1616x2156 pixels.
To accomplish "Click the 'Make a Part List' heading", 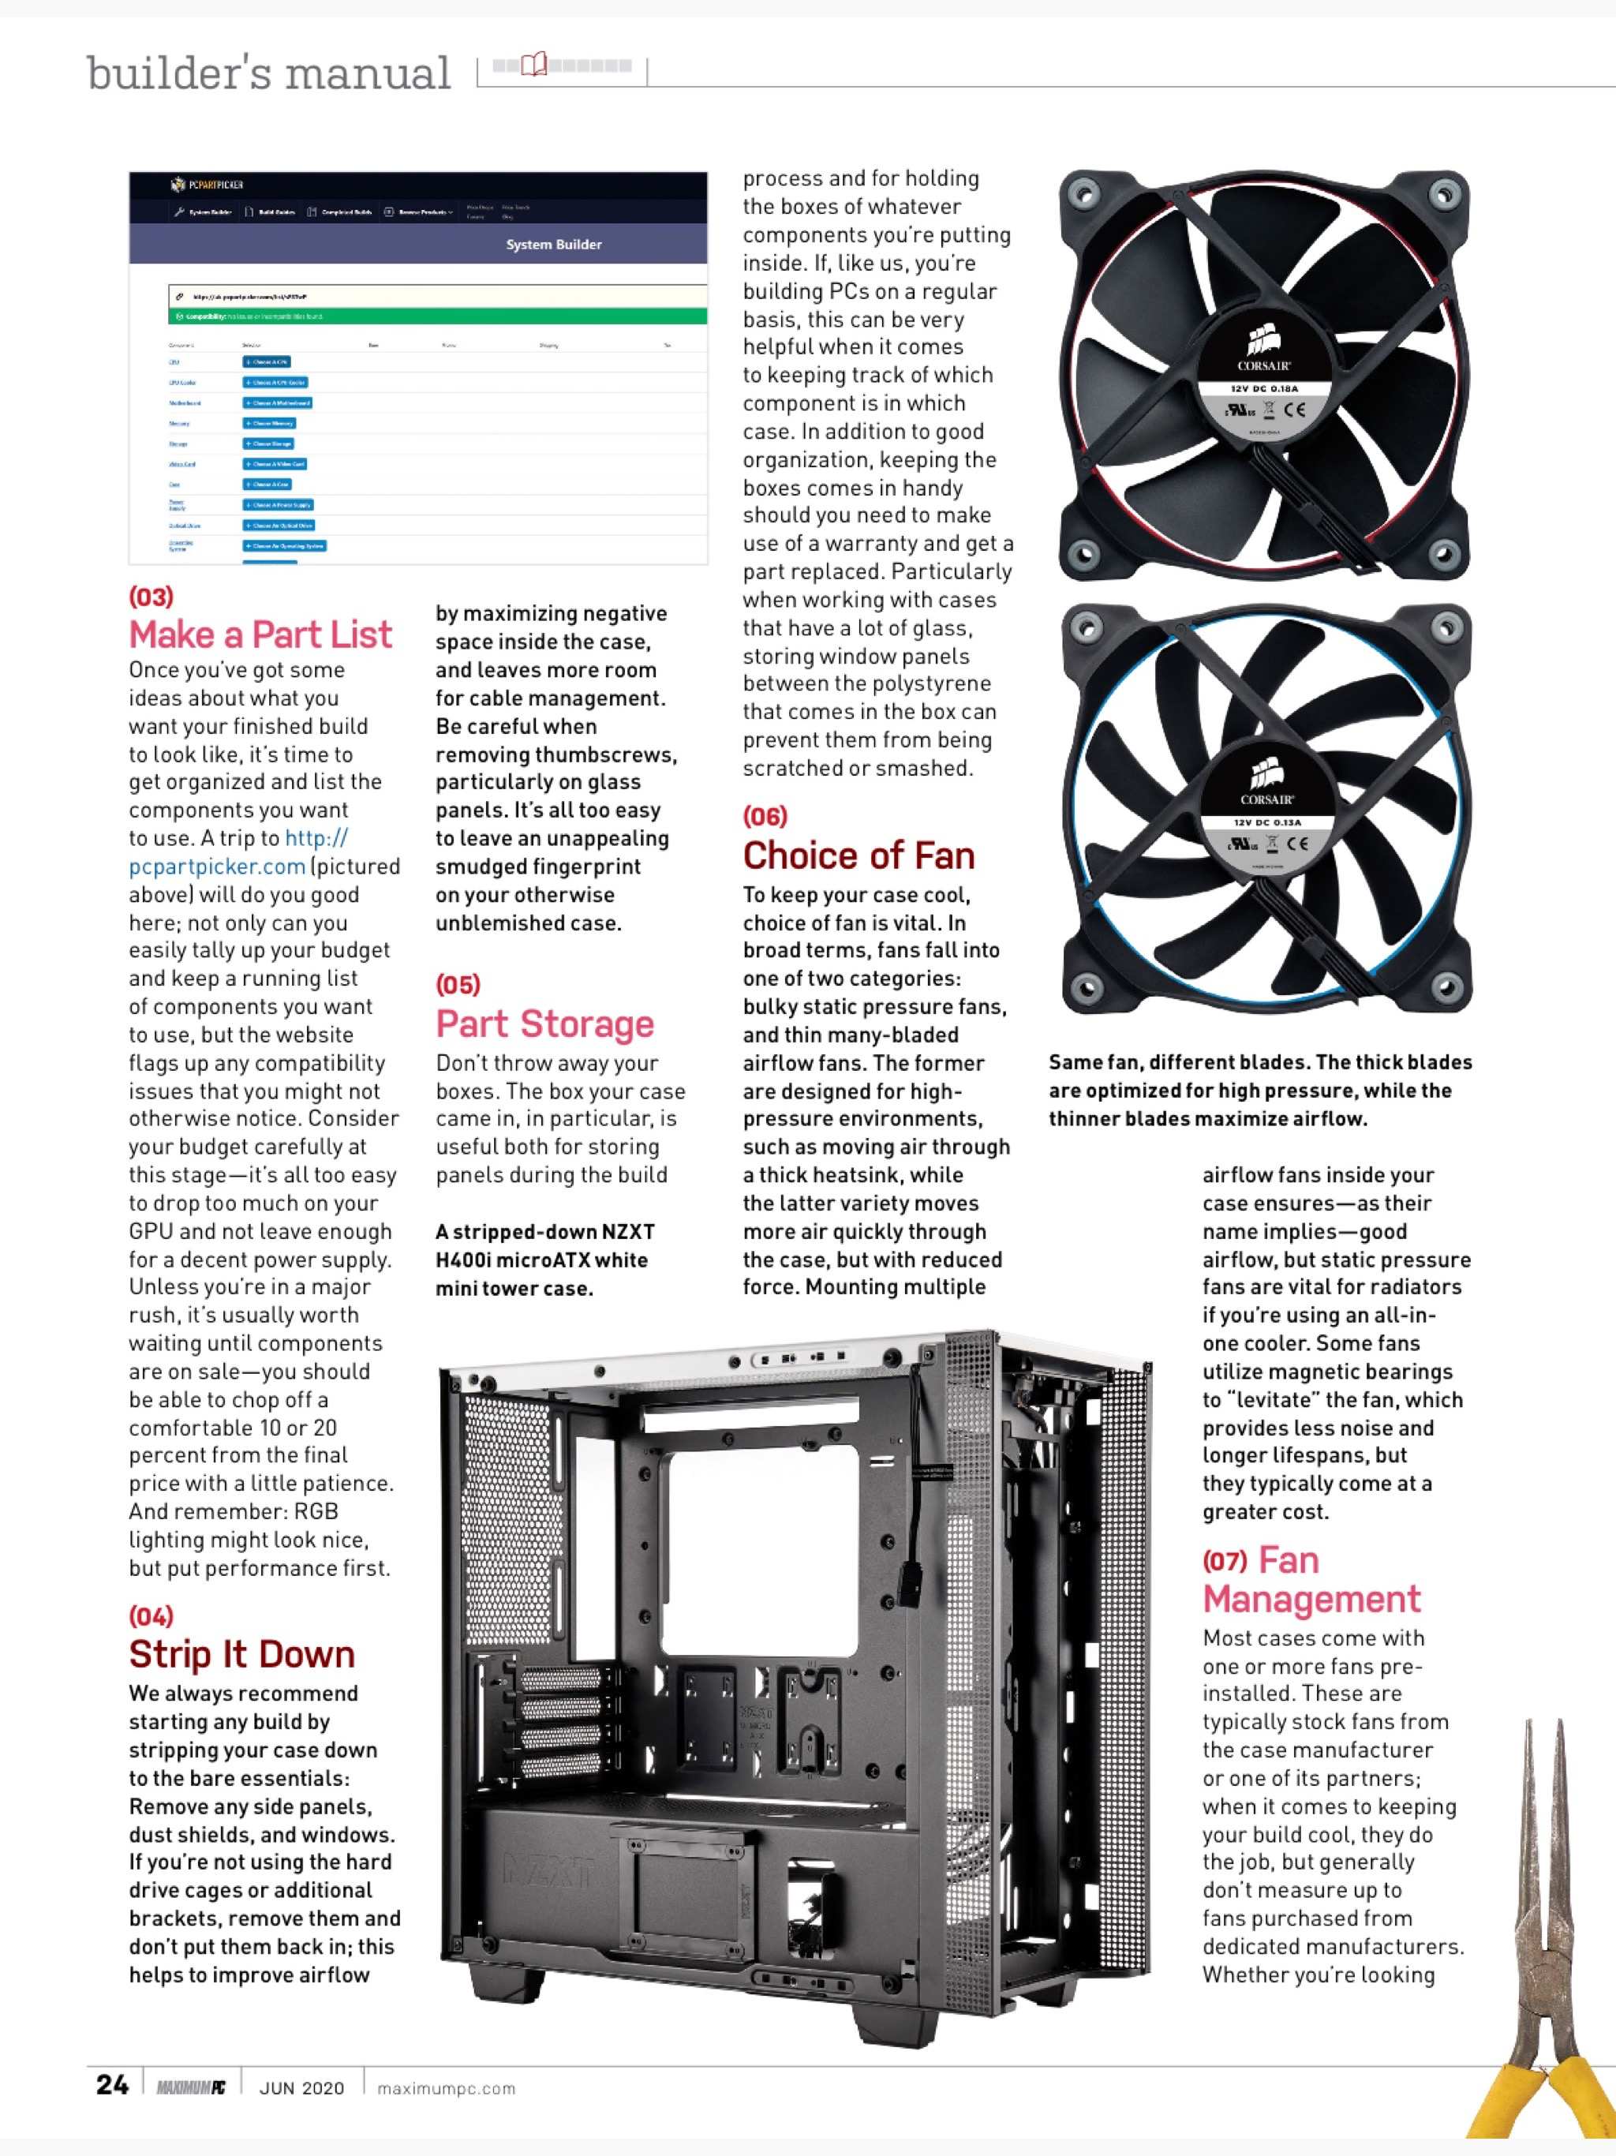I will (260, 635).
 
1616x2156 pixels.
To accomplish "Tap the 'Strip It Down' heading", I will (241, 1655).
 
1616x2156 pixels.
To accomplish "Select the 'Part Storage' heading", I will (544, 1024).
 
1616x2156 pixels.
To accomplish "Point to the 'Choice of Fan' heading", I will (858, 855).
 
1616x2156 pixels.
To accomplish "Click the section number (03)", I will (151, 597).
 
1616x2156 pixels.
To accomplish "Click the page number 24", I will (112, 2085).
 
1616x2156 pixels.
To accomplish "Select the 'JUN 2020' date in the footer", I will (301, 2088).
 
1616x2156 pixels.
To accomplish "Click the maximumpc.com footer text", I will (445, 2088).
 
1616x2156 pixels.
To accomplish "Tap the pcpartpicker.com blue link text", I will (217, 867).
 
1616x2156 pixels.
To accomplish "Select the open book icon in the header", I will (534, 66).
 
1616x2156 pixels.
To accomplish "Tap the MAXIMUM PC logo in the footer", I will (191, 2088).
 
